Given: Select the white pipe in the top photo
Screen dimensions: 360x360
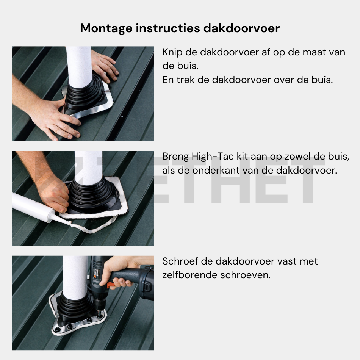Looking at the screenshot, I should [79, 64].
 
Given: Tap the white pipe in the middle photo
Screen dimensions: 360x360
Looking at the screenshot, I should [88, 167].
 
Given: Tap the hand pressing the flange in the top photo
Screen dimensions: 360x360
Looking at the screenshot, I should [57, 119].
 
